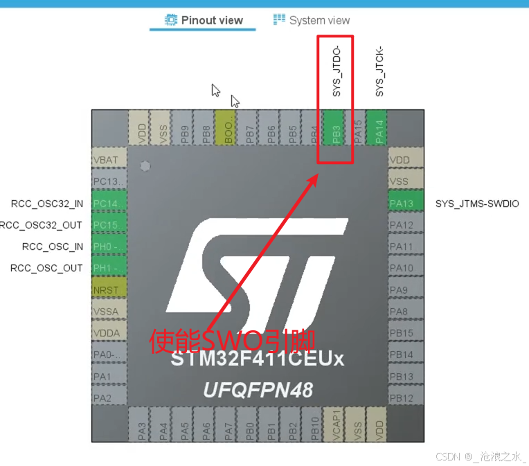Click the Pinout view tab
(x=204, y=20)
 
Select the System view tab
(x=312, y=20)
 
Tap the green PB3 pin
(x=336, y=128)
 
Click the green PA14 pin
(x=378, y=128)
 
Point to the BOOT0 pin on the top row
(x=226, y=128)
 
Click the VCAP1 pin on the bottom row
(x=336, y=423)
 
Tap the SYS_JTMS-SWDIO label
(x=476, y=204)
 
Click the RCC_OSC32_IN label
(x=46, y=204)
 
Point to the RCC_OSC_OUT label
(x=46, y=268)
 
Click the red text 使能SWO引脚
(x=234, y=341)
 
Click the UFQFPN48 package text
(x=258, y=390)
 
